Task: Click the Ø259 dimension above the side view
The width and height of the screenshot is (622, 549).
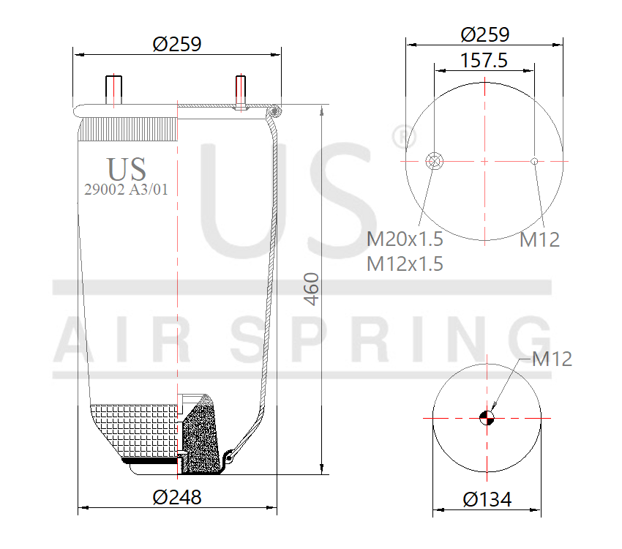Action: [x=176, y=44]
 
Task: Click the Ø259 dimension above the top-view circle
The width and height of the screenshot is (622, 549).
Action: [x=484, y=34]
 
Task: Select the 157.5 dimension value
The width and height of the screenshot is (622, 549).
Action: [x=484, y=60]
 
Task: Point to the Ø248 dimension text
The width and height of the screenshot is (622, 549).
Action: [x=176, y=497]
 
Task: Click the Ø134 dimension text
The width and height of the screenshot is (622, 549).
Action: [x=487, y=500]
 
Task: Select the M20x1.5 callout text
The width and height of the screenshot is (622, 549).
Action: [x=405, y=239]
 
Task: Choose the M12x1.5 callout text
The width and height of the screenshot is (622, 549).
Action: [x=405, y=264]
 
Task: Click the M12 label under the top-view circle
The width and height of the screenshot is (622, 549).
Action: [x=539, y=239]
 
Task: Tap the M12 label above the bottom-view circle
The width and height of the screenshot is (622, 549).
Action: [x=552, y=359]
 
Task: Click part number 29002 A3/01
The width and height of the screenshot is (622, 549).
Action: [x=127, y=190]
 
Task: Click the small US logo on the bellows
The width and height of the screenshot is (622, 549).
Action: [x=127, y=169]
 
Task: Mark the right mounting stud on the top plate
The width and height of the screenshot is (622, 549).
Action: [x=240, y=91]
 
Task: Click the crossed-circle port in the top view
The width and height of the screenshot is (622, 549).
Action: [x=433, y=160]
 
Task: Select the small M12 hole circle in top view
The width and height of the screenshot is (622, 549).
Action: [x=535, y=161]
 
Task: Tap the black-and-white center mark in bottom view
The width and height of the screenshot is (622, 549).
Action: [x=486, y=418]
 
